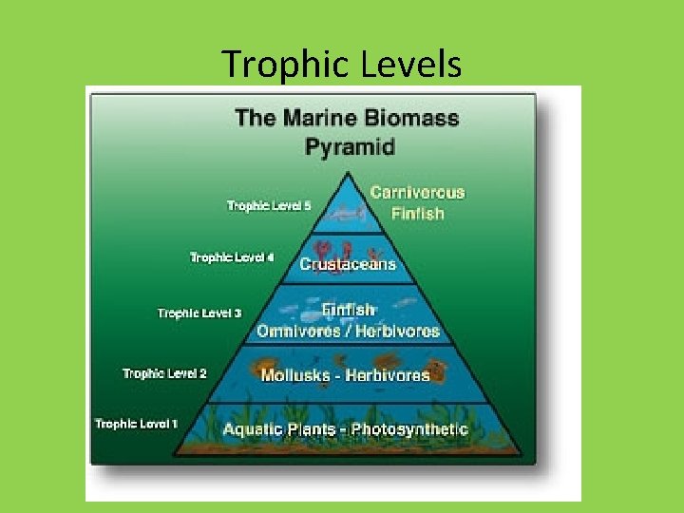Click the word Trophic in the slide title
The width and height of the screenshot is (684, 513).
click(286, 65)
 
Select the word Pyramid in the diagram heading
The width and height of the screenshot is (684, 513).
click(349, 146)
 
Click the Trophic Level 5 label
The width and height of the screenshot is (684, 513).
click(268, 205)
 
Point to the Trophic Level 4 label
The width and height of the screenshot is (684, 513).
click(232, 256)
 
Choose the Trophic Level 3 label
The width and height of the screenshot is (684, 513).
click(199, 313)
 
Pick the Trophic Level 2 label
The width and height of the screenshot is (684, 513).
click(164, 373)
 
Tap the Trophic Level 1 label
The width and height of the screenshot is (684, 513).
click(136, 423)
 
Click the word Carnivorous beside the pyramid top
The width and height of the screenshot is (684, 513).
click(417, 193)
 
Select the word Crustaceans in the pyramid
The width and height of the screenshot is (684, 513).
click(348, 264)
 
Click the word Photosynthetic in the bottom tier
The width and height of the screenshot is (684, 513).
click(409, 429)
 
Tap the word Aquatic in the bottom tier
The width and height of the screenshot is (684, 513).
click(252, 429)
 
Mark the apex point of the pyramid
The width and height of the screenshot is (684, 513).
click(349, 173)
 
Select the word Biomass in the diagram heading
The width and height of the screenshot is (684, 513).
click(408, 119)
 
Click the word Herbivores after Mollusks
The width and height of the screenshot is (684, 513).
click(387, 375)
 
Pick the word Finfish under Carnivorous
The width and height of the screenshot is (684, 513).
click(417, 214)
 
